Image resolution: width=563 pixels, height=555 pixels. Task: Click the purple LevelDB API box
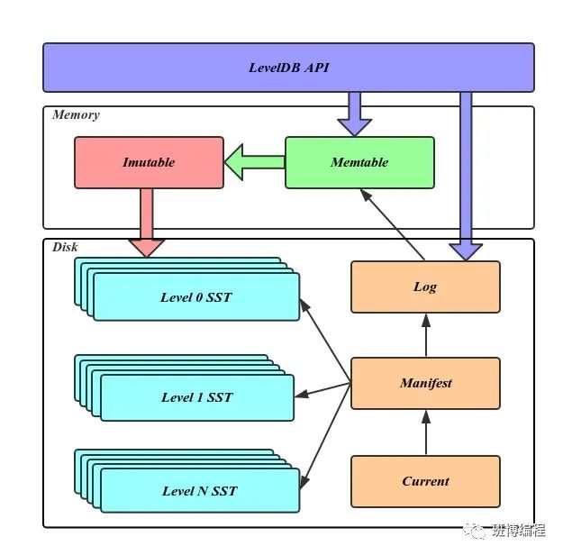[x=288, y=68]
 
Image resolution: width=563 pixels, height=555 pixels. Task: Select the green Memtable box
[x=359, y=162]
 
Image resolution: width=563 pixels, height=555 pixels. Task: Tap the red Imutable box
[x=149, y=162]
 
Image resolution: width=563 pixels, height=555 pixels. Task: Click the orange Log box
[x=425, y=287]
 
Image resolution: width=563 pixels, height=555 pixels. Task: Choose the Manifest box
[x=425, y=383]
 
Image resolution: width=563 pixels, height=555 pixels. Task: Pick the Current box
[x=425, y=481]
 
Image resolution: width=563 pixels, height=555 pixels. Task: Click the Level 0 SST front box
[x=195, y=297]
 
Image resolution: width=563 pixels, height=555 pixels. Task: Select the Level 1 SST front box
[x=196, y=397]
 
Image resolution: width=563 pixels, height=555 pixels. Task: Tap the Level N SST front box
[x=199, y=491]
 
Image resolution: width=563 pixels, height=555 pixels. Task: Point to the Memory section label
[x=76, y=115]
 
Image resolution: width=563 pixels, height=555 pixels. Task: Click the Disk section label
[x=65, y=247]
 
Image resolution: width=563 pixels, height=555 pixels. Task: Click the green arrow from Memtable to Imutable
[x=254, y=163]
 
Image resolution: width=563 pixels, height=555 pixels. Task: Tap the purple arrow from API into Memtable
[x=354, y=114]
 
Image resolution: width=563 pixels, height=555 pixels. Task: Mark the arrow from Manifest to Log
[x=425, y=335]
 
